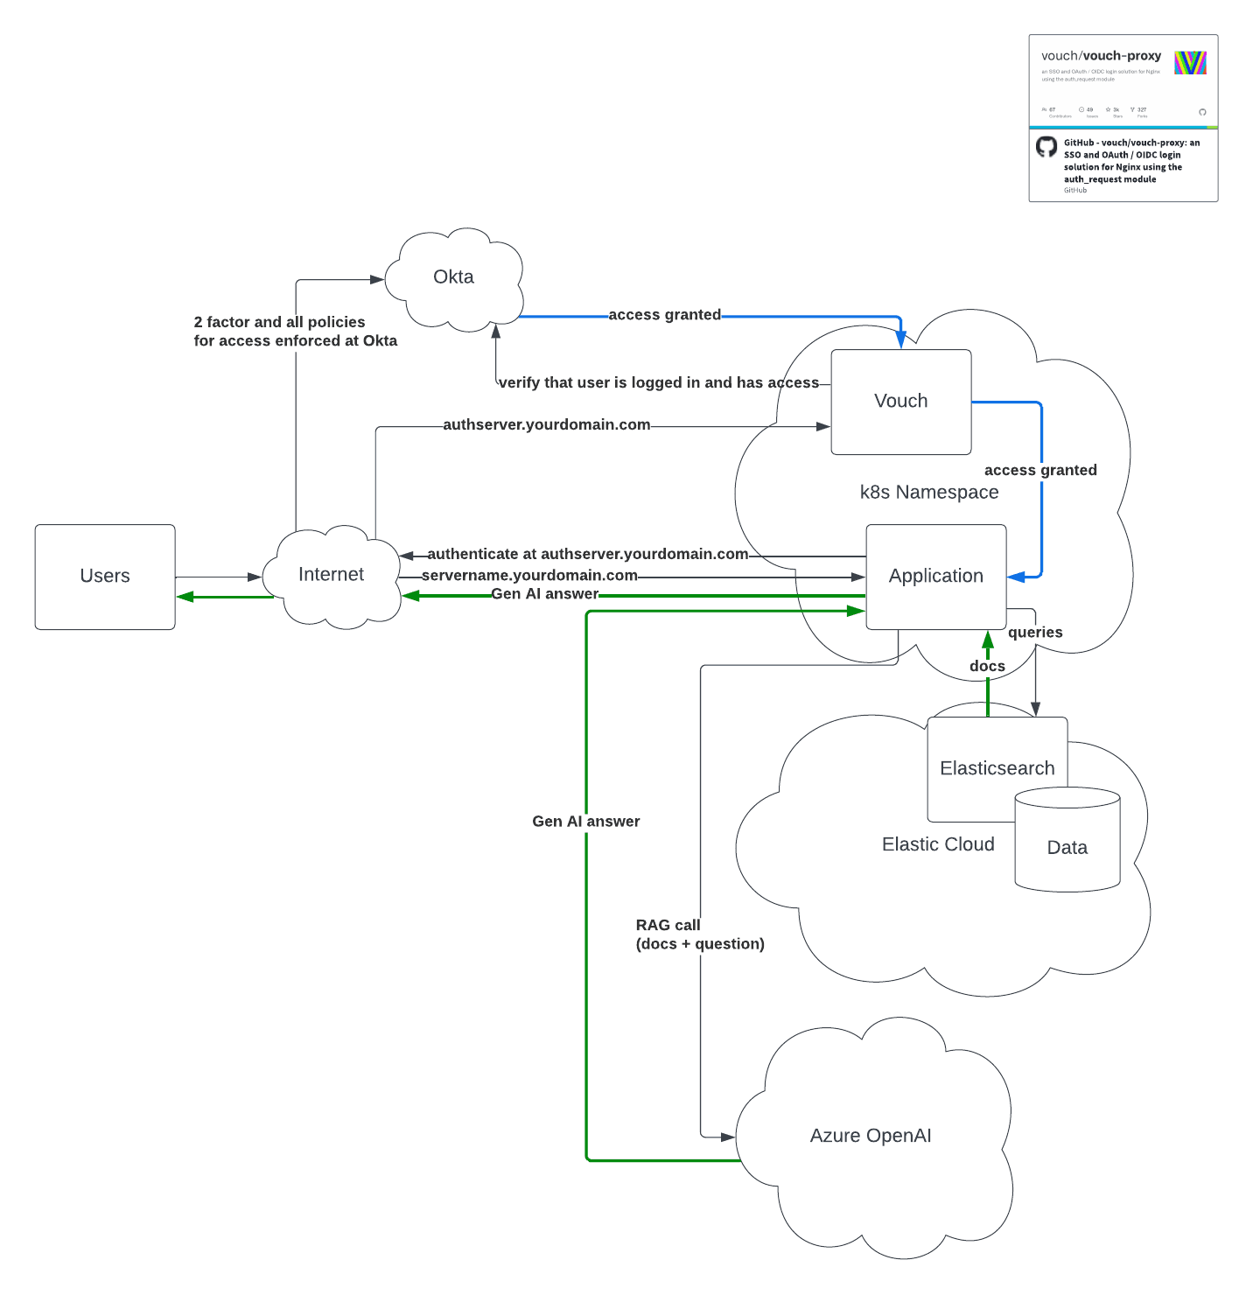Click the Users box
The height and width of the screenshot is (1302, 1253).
click(x=105, y=576)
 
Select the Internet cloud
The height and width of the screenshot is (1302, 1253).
click(x=331, y=575)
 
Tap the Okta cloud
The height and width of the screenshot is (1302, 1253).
click(x=453, y=277)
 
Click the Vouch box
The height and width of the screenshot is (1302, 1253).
click(x=900, y=402)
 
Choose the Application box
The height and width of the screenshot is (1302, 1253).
click(x=935, y=576)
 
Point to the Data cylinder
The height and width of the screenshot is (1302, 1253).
click(x=1067, y=847)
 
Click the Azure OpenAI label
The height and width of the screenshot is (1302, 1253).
click(x=870, y=1136)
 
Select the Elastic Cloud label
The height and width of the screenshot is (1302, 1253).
click(x=938, y=844)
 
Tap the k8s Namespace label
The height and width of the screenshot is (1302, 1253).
click(x=928, y=493)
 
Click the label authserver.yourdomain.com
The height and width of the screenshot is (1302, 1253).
click(x=546, y=425)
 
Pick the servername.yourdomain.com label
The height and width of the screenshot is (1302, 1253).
click(x=529, y=576)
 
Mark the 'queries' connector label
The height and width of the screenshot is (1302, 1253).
click(x=1035, y=633)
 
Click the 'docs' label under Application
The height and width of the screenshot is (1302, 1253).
click(x=987, y=667)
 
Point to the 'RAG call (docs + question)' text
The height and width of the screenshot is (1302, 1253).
click(x=699, y=934)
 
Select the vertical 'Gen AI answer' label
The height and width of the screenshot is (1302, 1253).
click(x=585, y=822)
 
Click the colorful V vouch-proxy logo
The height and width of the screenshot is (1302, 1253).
click(x=1190, y=63)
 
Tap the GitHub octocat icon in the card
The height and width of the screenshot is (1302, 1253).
click(x=1046, y=147)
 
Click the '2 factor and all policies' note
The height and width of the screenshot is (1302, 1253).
click(x=295, y=332)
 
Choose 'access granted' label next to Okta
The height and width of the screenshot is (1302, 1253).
click(x=664, y=315)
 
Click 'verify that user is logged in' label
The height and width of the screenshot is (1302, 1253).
click(x=658, y=383)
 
